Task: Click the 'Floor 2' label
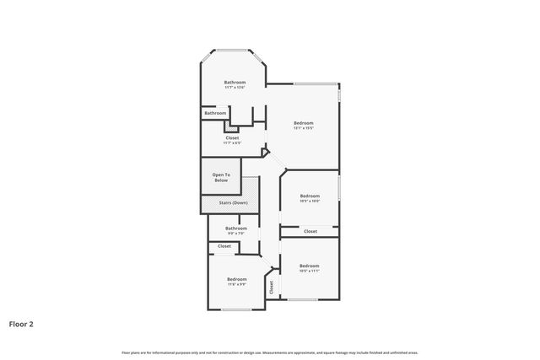(21, 323)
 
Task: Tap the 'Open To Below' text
(221, 178)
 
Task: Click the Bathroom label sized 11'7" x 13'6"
(235, 82)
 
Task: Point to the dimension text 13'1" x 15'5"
(304, 128)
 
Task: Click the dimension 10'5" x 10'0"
(310, 201)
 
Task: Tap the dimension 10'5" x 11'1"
(310, 271)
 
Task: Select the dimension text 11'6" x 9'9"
(236, 284)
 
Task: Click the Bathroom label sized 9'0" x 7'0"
(236, 228)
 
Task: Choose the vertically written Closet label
(272, 287)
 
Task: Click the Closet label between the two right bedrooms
(310, 231)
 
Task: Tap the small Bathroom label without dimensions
(215, 113)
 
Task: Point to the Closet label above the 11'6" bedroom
(224, 246)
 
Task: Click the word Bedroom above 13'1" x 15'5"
(304, 123)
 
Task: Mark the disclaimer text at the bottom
(270, 352)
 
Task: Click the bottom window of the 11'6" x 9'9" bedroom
(236, 309)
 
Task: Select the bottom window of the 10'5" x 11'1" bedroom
(300, 299)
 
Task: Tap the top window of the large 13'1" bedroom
(314, 83)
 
